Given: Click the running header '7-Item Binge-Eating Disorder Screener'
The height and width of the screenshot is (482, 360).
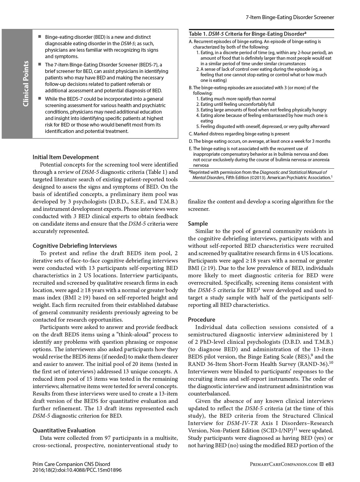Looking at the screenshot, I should pos(290,17).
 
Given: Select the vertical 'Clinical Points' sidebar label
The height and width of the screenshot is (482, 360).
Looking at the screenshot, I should pos(26,84).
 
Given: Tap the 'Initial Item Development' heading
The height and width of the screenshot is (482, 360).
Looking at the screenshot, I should pos(66,157).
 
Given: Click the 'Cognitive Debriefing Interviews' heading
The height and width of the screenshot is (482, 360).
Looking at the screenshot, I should pos(75,246).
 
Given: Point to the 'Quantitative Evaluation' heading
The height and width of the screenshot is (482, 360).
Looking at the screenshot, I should pos(64,430).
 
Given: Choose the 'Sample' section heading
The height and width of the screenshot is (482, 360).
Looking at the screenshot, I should pos(198,223).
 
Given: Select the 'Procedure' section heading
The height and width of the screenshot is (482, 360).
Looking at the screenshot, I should pos(202,319).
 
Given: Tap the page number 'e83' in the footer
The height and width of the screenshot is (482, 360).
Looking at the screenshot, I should pos(330,464).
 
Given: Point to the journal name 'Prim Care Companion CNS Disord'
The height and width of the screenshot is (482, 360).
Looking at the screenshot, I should pos(71,464).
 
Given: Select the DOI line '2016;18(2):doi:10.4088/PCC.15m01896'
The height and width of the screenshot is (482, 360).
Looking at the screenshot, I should pos(77,470).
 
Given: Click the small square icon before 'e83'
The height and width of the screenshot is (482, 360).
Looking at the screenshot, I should pos(322,464).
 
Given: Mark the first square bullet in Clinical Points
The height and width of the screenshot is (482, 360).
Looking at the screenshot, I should pos(40,36).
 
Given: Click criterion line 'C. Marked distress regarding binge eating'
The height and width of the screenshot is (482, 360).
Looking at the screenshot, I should pos(239,134).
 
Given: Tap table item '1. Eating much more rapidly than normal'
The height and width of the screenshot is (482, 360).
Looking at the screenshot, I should pos(236,99).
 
